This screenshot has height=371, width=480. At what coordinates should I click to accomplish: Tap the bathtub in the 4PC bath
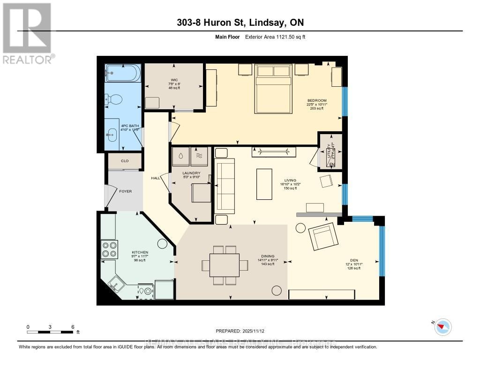click(122, 73)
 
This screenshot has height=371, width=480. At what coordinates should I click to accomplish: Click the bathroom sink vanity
click(112, 135)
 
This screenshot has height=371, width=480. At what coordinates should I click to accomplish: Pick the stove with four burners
click(109, 249)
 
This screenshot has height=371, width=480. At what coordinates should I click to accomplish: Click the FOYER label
click(125, 191)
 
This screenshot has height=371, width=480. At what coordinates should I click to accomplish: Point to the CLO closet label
click(125, 161)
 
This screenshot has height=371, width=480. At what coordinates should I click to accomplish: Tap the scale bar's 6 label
click(73, 326)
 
